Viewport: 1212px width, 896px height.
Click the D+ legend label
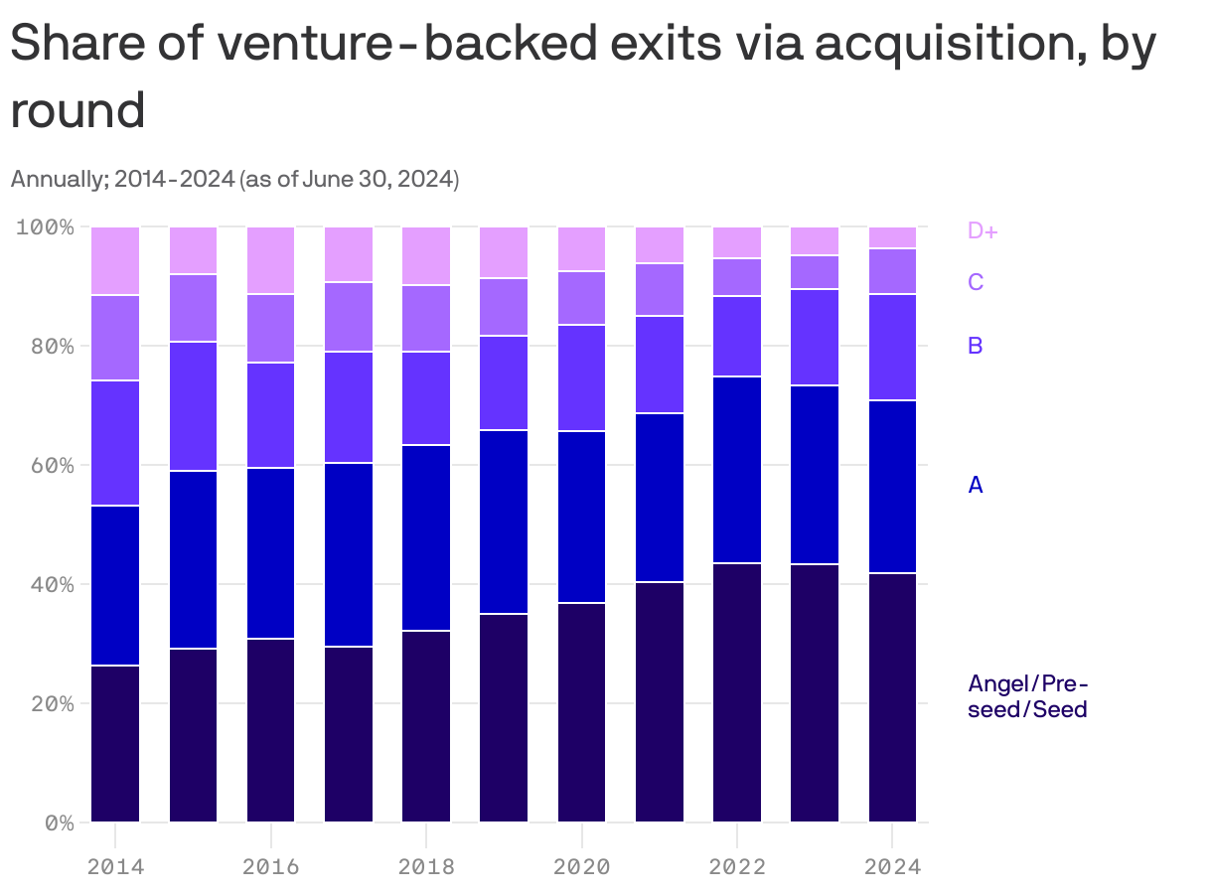[983, 230]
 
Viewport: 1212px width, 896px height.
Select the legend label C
[976, 282]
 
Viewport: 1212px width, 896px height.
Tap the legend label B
[976, 346]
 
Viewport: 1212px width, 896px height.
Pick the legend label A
[976, 485]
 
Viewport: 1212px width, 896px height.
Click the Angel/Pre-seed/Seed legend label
[1027, 696]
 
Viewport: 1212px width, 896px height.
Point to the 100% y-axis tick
[46, 227]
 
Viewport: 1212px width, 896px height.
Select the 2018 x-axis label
[426, 866]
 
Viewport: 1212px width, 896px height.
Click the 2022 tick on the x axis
[737, 866]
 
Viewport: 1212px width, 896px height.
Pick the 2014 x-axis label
[115, 866]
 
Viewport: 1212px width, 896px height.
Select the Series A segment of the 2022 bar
[737, 469]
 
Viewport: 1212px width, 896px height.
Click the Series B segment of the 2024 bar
[892, 347]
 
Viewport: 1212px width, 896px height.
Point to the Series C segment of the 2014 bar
[115, 338]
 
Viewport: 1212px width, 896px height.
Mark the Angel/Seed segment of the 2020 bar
[581, 711]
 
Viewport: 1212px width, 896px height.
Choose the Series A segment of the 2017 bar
[349, 553]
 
